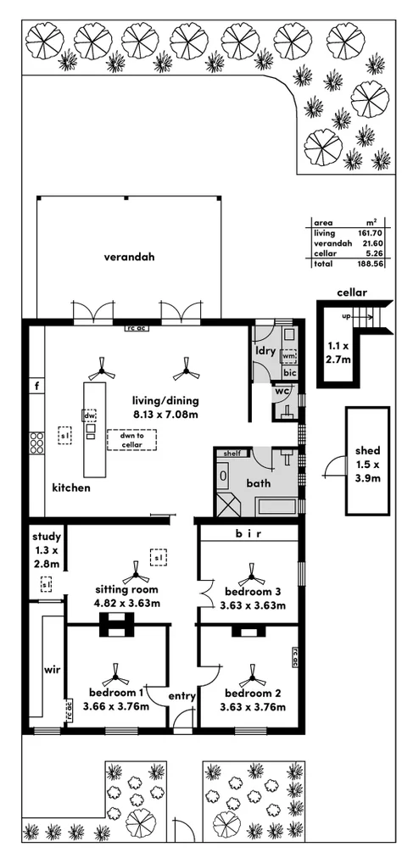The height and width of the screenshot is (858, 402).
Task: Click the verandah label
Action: (x=129, y=257)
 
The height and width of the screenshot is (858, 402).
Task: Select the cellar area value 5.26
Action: (x=373, y=253)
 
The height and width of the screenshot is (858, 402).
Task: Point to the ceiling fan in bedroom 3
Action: (x=250, y=573)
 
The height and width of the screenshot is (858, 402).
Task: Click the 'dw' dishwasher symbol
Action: (x=89, y=415)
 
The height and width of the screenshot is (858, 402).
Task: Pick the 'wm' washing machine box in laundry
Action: (x=288, y=357)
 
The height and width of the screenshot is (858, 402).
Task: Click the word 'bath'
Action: (x=258, y=483)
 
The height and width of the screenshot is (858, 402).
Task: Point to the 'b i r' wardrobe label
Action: (x=248, y=534)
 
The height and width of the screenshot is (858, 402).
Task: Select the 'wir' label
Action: (x=49, y=669)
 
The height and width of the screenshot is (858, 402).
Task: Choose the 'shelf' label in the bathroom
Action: (x=232, y=454)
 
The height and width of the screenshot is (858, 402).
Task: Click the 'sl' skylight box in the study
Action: (x=46, y=584)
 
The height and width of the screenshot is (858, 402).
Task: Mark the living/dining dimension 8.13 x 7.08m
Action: (x=165, y=415)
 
